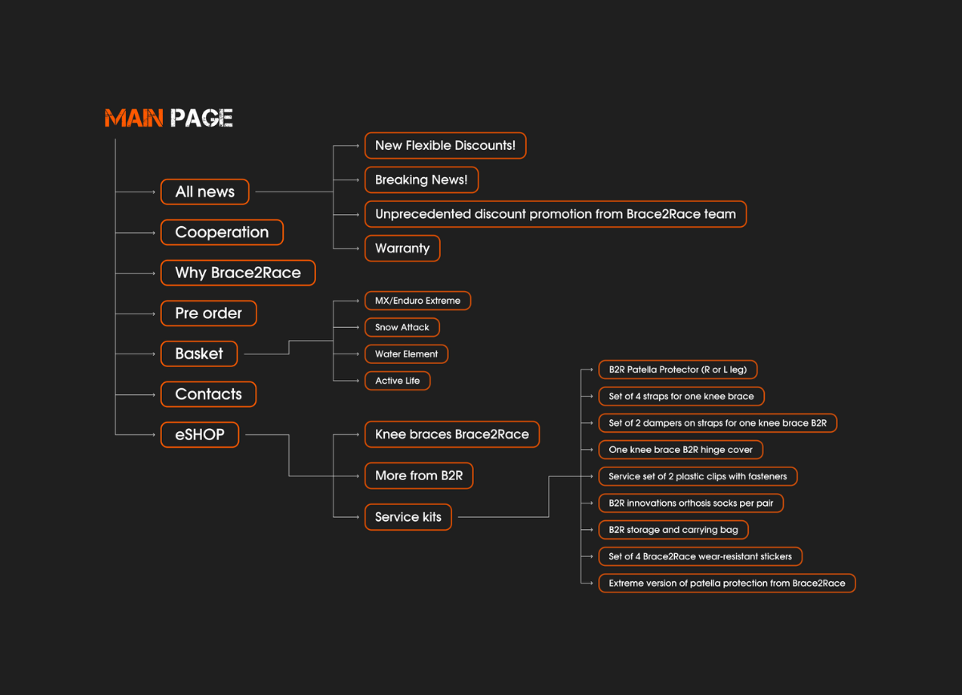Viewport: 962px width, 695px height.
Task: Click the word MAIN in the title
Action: (134, 119)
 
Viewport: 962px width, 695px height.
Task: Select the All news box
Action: (204, 192)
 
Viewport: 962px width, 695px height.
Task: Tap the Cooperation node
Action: (222, 232)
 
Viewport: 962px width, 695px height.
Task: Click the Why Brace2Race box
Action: (238, 273)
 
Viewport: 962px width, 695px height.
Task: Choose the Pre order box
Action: (208, 313)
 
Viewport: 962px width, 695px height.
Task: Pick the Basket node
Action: (199, 354)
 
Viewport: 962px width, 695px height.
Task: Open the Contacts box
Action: (208, 394)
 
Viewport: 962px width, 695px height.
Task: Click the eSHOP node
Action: (200, 434)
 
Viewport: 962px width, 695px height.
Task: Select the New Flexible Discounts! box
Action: (445, 146)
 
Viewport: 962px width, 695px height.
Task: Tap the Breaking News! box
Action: (421, 180)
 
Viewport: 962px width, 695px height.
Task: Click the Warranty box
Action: (402, 249)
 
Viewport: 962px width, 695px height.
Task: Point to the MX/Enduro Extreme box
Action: (418, 301)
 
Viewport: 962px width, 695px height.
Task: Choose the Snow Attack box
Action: (402, 327)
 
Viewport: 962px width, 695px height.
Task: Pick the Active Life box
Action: (397, 381)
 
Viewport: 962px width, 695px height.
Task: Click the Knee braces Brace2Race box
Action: (451, 434)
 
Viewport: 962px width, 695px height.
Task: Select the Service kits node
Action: (408, 517)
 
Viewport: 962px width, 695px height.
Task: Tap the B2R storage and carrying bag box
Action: (673, 530)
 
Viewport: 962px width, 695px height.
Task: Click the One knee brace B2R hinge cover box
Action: (681, 450)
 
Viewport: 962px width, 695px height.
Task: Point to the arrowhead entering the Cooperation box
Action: (154, 232)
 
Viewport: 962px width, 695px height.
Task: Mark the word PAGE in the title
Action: (201, 119)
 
